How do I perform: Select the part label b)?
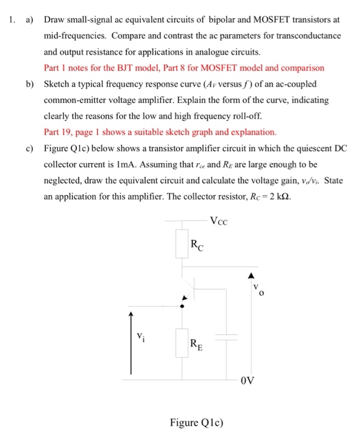(29, 84)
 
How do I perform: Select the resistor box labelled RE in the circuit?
(182, 341)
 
